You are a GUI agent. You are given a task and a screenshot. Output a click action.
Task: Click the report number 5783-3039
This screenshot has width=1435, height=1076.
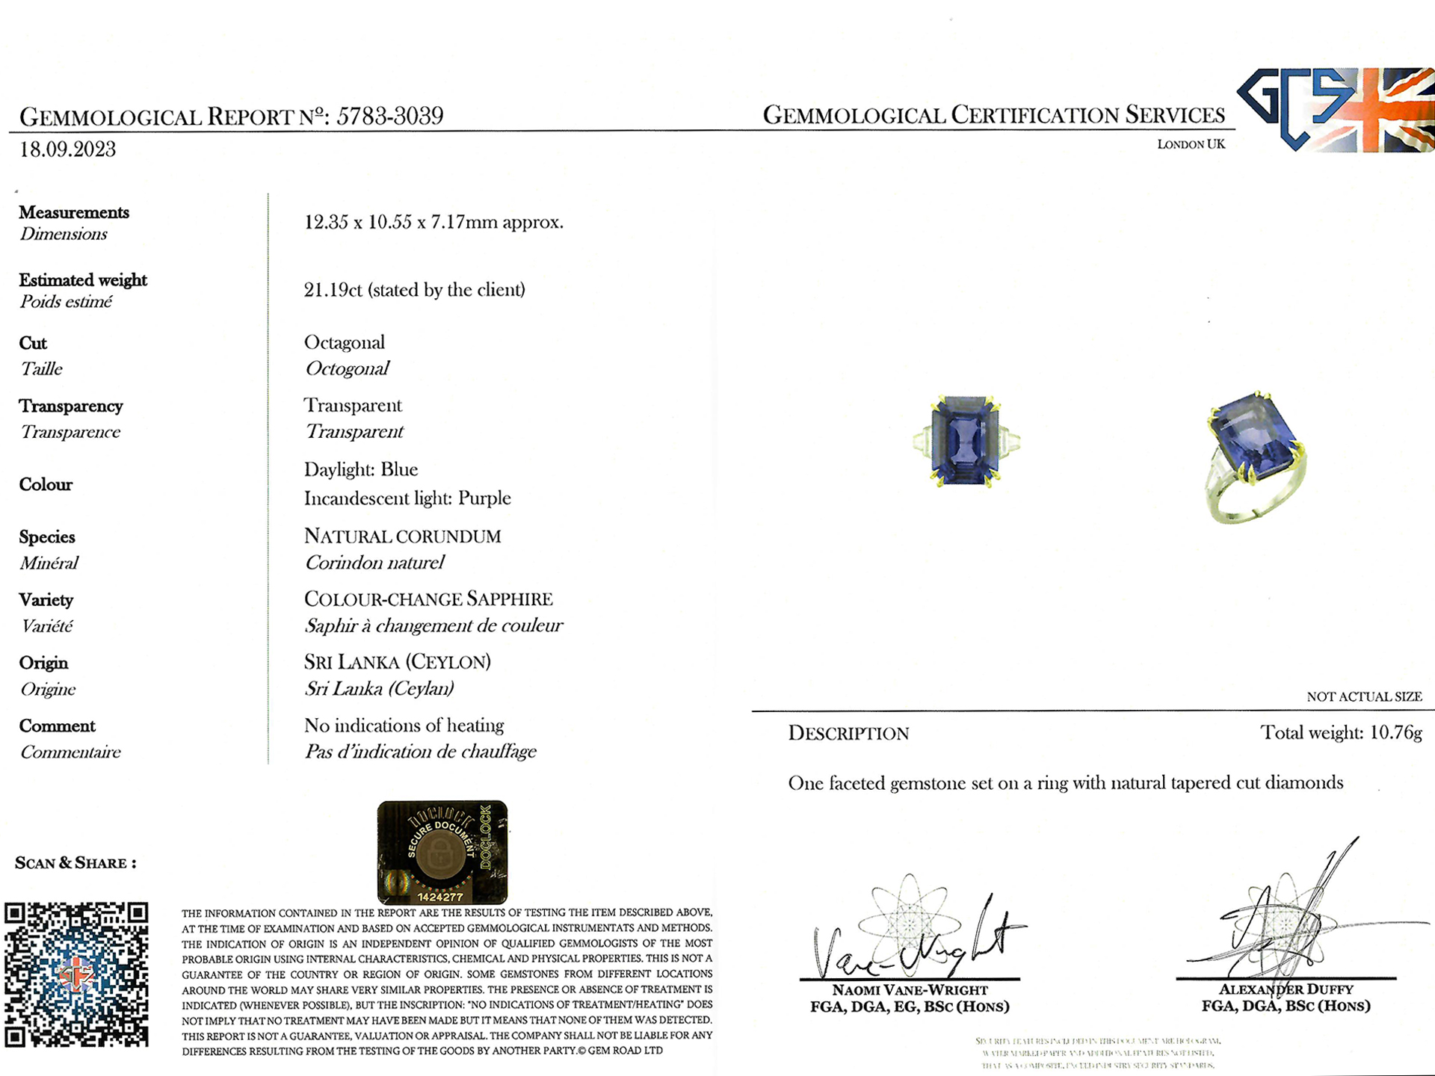click(389, 116)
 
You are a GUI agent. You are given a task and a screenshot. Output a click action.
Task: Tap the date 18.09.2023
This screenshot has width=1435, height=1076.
click(67, 149)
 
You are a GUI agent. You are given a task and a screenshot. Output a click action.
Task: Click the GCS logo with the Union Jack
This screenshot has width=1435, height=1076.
click(1335, 110)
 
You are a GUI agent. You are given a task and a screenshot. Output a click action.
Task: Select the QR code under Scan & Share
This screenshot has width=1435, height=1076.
click(76, 974)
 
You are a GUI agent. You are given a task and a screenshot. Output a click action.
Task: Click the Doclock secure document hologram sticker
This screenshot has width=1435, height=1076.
click(442, 852)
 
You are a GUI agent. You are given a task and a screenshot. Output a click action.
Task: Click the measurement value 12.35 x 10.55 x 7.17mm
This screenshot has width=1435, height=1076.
click(433, 223)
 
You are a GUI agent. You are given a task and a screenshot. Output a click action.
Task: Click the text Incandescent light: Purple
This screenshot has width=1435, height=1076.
click(407, 498)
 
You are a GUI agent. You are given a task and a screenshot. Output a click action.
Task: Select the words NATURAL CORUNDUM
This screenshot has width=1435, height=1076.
click(402, 537)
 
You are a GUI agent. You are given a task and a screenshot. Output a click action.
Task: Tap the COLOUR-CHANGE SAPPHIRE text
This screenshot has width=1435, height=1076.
click(428, 599)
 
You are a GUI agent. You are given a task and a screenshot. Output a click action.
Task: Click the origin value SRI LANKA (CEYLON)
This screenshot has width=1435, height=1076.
click(397, 662)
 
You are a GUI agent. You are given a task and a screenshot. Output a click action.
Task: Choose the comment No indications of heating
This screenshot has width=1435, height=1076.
click(404, 726)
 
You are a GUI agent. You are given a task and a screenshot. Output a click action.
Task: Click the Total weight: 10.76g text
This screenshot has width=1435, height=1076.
click(1341, 733)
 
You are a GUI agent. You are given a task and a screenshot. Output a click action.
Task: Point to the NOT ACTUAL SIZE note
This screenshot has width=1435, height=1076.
click(1364, 697)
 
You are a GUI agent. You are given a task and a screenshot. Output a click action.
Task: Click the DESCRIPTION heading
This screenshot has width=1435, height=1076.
click(848, 734)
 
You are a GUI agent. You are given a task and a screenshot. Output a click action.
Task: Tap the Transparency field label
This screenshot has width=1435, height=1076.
click(71, 406)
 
